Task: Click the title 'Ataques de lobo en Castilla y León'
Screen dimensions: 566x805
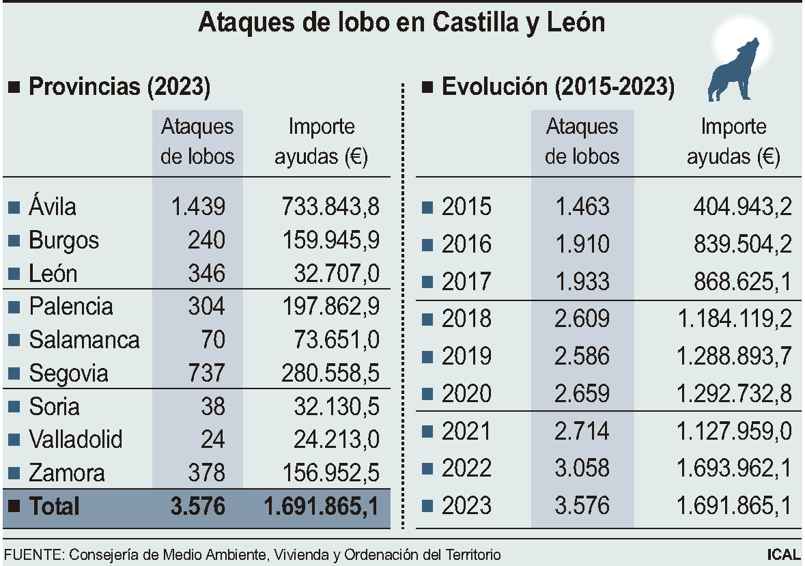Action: pos(401,23)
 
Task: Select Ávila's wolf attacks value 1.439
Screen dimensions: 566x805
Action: pos(198,207)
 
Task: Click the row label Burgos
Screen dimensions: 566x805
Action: pos(63,240)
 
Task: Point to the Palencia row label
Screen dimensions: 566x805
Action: pos(70,307)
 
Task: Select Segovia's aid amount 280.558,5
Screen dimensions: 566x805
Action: pos(330,373)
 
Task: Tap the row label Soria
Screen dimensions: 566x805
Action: pos(54,407)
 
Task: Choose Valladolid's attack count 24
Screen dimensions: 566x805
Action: pos(212,440)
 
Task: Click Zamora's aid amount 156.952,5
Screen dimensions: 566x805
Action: pos(330,473)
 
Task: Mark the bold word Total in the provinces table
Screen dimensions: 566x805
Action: pos(54,507)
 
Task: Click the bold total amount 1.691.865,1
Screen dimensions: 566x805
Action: pos(321,507)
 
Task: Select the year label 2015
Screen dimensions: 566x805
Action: pos(466,207)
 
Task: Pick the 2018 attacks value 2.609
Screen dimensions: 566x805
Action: pos(582,319)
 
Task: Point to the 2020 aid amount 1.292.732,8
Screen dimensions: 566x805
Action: pos(734,394)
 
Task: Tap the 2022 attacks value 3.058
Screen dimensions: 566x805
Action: pos(582,468)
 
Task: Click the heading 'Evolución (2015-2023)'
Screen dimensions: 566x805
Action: pos(558,87)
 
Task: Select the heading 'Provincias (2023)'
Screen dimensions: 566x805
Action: pos(119,87)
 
